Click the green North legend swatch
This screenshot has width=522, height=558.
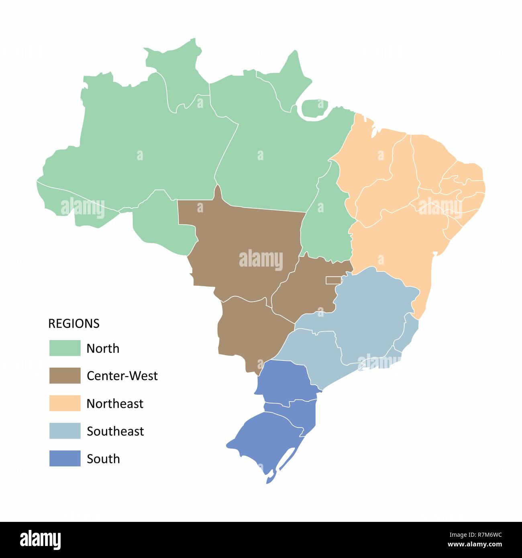tap(65, 348)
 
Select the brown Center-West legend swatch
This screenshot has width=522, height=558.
tap(65, 376)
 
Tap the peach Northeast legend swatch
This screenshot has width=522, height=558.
tap(65, 403)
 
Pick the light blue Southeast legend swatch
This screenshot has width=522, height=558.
tap(65, 431)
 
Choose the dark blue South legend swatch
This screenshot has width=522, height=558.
tap(65, 458)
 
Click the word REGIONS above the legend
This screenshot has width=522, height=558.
tap(74, 324)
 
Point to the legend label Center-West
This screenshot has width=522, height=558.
tap(122, 376)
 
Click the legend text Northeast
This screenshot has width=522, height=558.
tap(115, 403)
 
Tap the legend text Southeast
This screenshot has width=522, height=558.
tap(115, 431)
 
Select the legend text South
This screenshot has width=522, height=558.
tap(103, 459)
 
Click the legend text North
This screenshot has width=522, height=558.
tap(103, 348)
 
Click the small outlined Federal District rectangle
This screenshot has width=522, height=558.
tap(333, 280)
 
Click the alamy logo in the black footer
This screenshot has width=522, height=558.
tap(41, 540)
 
